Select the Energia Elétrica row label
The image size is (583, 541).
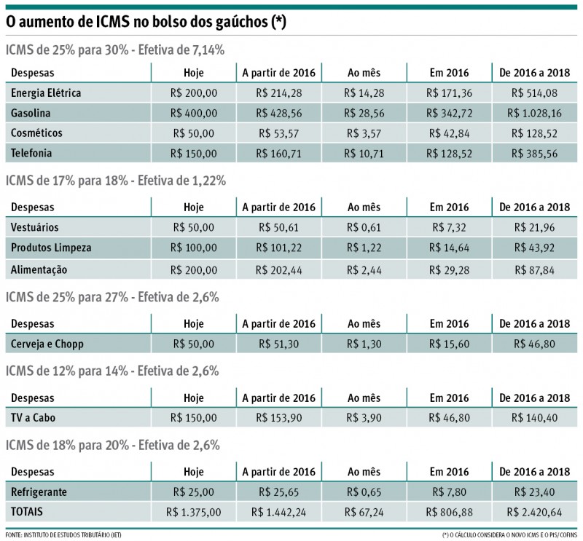pos(46,93)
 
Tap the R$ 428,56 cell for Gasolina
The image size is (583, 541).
pos(278,114)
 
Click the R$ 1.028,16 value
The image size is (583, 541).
pos(540,114)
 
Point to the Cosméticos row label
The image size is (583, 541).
pos(37,133)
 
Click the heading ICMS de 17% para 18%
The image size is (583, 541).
pos(114,180)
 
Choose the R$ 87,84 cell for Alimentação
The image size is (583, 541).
pos(540,269)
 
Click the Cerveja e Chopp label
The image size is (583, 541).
pos(49,343)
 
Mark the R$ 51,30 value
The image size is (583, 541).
pos(278,343)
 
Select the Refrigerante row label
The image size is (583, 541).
pos(39,491)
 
